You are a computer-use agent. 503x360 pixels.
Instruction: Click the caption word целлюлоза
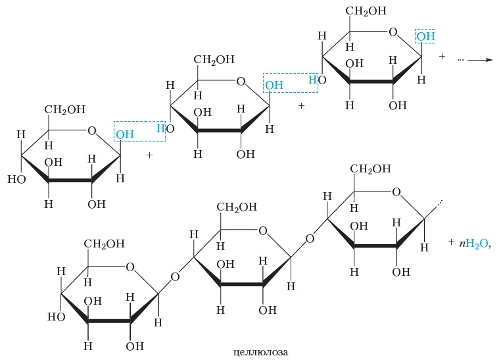click(x=261, y=351)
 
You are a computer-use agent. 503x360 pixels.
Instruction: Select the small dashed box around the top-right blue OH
click(x=425, y=36)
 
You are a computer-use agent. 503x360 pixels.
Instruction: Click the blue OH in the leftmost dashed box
click(x=124, y=135)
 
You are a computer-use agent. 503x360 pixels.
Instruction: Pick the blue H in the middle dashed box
click(x=312, y=80)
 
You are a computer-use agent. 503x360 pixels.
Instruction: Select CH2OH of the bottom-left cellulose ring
click(x=105, y=244)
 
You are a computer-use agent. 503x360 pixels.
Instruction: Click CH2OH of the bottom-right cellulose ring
click(x=371, y=169)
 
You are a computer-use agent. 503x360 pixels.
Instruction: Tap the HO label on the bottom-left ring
click(x=56, y=317)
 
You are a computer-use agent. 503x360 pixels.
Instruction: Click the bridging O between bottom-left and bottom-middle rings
click(x=175, y=276)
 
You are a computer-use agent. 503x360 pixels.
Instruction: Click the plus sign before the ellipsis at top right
click(x=442, y=57)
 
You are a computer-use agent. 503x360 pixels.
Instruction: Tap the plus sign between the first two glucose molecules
click(x=149, y=155)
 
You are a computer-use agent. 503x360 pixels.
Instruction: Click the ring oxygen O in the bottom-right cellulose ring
click(x=396, y=192)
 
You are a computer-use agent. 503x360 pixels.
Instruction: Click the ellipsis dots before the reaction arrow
click(x=460, y=59)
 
